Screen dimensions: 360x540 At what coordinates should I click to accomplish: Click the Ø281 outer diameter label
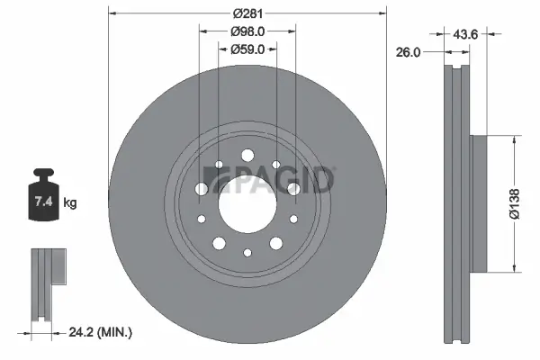click(x=247, y=13)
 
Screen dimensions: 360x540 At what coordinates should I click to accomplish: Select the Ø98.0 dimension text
click(x=247, y=31)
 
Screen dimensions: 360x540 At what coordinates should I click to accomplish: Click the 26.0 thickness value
click(x=410, y=51)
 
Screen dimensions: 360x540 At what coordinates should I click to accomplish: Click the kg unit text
click(x=69, y=203)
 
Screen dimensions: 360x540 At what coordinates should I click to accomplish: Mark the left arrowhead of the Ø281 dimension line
click(x=112, y=13)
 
